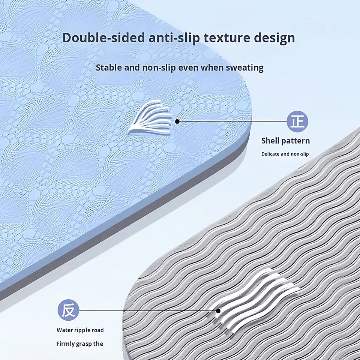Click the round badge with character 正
tap(298, 121)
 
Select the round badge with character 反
tap(68, 310)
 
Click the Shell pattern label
tap(285, 141)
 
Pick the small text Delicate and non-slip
tap(285, 154)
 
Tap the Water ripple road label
tap(80, 330)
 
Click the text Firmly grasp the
tap(80, 344)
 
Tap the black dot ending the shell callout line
tap(177, 121)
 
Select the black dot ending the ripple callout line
tap(218, 310)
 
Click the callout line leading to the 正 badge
tap(232, 121)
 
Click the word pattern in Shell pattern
tap(296, 141)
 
